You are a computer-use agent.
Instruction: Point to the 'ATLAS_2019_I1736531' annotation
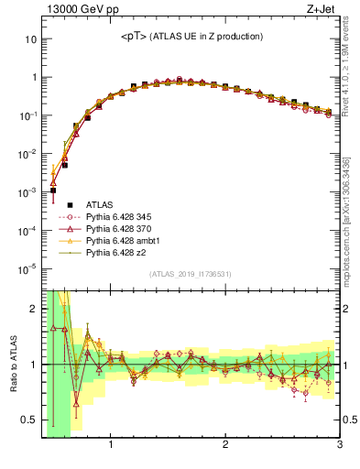pyautogui.click(x=190, y=274)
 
